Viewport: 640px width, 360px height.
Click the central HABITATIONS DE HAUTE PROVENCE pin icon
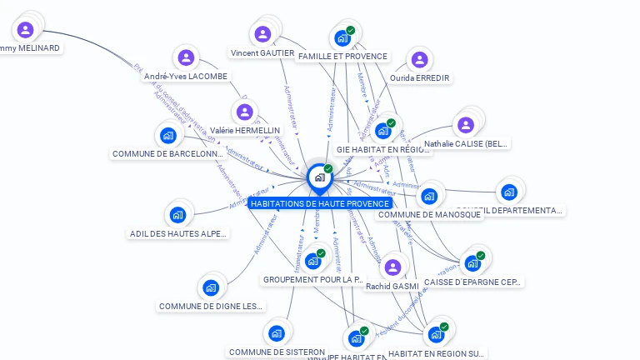click(x=319, y=177)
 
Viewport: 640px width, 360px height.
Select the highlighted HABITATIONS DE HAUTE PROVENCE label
click(x=320, y=203)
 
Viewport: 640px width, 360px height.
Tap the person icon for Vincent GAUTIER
click(x=262, y=34)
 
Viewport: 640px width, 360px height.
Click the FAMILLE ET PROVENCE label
click(x=342, y=57)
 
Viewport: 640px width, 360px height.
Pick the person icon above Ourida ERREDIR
click(x=419, y=60)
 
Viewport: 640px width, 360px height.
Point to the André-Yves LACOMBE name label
click(x=186, y=77)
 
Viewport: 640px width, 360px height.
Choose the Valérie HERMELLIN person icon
click(x=245, y=112)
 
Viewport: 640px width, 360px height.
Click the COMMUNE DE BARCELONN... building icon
click(x=168, y=135)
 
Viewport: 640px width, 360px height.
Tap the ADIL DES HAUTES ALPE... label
click(x=179, y=234)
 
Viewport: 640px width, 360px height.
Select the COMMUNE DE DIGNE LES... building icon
click(x=211, y=288)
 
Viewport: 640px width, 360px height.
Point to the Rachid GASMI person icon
click(x=392, y=267)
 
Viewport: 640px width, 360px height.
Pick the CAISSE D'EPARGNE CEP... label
click(x=472, y=282)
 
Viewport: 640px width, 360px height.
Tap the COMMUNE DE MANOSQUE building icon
click(x=428, y=197)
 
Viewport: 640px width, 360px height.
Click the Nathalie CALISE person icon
click(x=465, y=125)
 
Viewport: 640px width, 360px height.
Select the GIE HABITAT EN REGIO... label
click(x=382, y=150)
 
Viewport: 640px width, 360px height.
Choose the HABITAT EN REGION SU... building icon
click(x=435, y=335)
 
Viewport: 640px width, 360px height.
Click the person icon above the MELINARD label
click(x=25, y=30)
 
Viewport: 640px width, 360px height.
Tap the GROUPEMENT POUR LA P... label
click(x=313, y=280)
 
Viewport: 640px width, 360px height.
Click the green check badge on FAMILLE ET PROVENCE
click(x=351, y=31)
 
